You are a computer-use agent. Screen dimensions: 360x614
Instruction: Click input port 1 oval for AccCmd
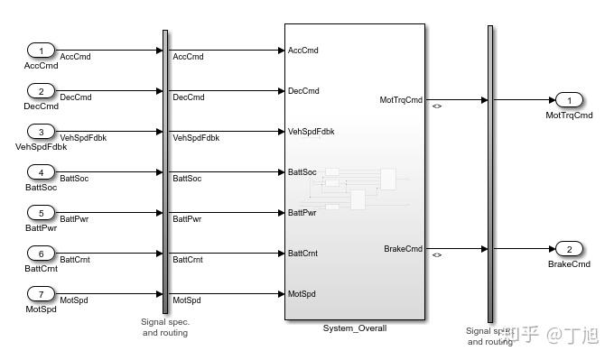(41, 50)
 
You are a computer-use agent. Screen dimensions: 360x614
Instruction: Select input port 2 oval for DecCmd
(41, 90)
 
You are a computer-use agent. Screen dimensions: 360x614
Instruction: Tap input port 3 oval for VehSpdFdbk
(41, 131)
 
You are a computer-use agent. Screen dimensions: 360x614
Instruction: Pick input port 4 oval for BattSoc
(41, 171)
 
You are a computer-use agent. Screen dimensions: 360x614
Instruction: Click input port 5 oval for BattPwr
(41, 212)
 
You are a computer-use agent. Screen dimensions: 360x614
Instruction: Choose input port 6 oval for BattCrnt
(41, 253)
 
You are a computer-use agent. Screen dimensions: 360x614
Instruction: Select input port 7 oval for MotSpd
(41, 293)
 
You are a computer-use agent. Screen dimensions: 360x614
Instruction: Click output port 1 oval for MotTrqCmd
(568, 99)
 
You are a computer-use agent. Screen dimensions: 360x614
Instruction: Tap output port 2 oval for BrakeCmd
(568, 248)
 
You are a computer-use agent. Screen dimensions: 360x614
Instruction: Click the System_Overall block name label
(354, 328)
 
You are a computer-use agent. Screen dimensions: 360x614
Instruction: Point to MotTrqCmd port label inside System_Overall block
(401, 99)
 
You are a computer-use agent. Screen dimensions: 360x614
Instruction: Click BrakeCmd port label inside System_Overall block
(403, 248)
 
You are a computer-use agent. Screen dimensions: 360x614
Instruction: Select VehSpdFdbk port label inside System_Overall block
(311, 132)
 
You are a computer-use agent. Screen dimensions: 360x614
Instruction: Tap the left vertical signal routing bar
(165, 171)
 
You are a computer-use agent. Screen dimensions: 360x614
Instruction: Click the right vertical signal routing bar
(490, 171)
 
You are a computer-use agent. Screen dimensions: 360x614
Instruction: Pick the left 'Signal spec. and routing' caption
(164, 327)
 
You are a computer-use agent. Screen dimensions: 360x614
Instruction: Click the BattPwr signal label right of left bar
(187, 219)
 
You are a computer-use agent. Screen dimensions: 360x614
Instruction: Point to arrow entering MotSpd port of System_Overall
(279, 293)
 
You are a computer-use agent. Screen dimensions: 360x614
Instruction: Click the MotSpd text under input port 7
(41, 309)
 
